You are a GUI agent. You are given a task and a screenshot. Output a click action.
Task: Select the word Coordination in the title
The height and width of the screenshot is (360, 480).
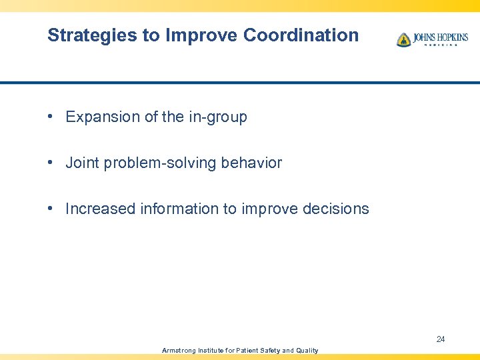point(301,35)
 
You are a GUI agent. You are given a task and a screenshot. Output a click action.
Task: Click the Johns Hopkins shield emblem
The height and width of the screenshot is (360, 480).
point(403,39)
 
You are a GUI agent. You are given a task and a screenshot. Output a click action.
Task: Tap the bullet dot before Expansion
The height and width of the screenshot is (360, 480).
point(51,117)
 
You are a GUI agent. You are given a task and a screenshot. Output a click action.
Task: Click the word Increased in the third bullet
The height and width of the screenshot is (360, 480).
point(100,209)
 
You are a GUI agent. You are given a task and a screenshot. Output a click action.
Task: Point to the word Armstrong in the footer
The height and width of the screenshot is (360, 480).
point(179,351)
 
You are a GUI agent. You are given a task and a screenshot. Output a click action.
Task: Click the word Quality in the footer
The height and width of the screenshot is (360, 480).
point(307,351)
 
